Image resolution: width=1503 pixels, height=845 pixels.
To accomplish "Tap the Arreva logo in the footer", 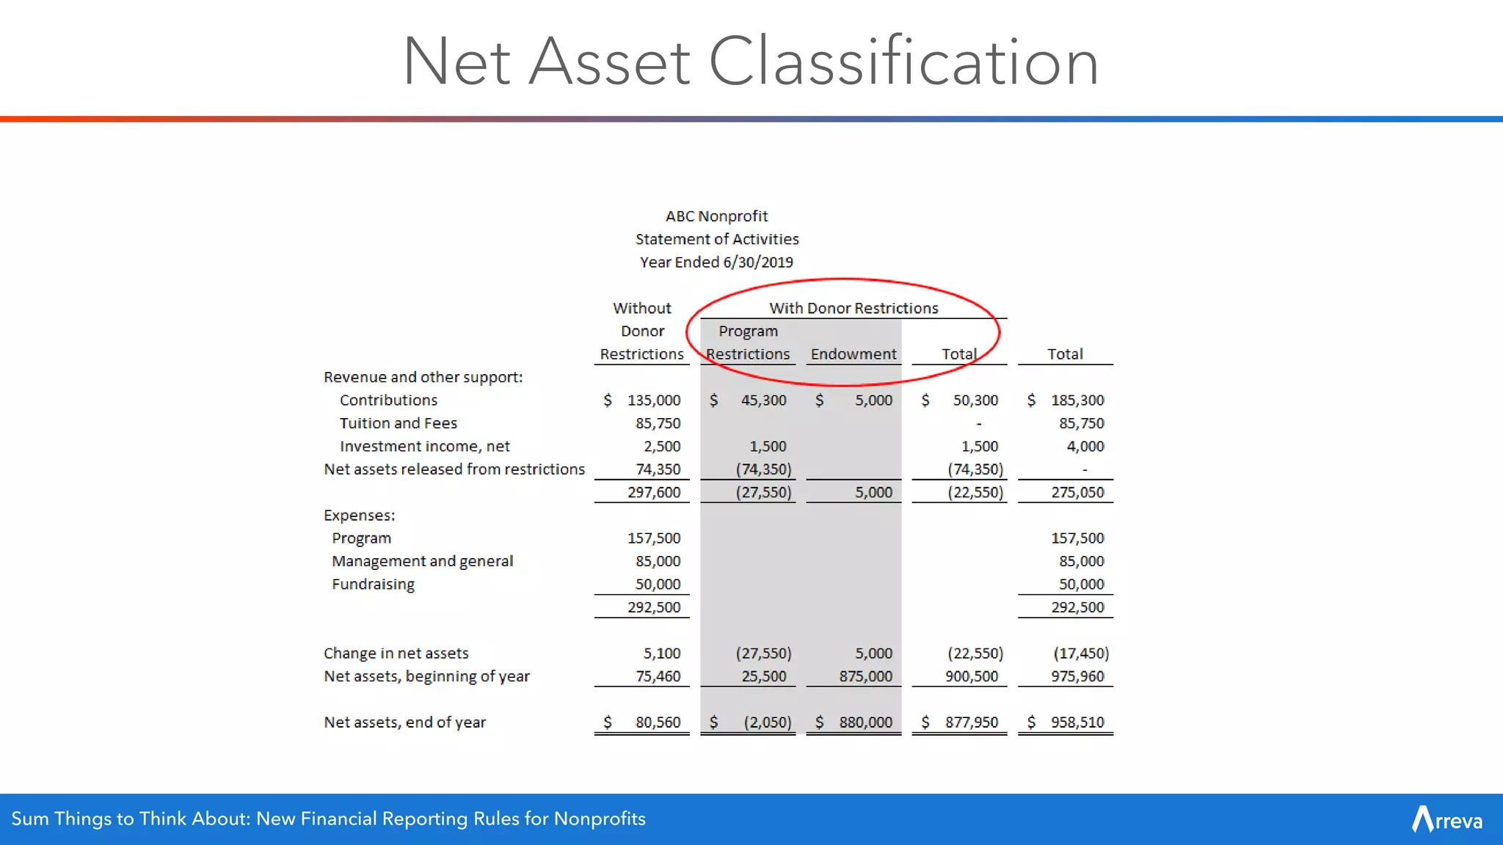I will (1446, 819).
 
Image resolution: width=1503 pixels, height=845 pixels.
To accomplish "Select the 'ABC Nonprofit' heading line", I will (716, 216).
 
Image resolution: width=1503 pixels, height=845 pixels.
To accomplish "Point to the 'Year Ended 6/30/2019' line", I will (716, 263).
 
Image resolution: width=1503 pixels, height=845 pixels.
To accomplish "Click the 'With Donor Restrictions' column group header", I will (854, 308).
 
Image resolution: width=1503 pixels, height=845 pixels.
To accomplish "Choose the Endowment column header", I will (854, 354).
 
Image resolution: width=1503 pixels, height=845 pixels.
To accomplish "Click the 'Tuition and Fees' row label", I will (398, 423).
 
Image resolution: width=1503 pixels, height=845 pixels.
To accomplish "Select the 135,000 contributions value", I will (653, 400).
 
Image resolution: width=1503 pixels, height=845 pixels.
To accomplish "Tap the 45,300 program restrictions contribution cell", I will (763, 400).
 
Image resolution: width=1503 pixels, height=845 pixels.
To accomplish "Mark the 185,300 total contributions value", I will (1077, 400).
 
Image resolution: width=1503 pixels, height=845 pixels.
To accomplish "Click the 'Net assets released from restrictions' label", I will (454, 469).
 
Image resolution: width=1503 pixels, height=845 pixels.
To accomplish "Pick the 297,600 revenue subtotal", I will (653, 492).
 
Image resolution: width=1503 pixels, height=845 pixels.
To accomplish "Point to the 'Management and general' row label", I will (422, 561).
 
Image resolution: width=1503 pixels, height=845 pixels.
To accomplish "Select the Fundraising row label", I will (373, 585).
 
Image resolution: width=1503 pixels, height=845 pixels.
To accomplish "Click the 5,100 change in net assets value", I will (661, 654).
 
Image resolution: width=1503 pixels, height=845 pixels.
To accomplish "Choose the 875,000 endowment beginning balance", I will (865, 676).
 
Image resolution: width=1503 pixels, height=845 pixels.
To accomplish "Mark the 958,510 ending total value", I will (1077, 723).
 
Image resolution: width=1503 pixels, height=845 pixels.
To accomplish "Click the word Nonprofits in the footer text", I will (599, 819).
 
